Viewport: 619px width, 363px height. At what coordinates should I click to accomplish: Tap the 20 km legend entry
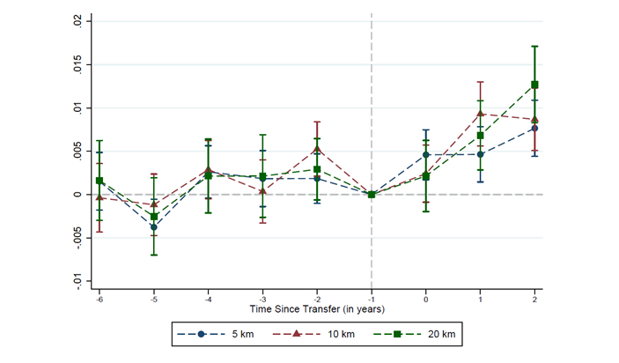click(x=410, y=334)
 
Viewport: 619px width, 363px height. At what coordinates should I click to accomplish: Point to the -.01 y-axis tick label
click(x=78, y=280)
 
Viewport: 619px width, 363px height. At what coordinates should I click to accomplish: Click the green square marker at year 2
click(x=534, y=85)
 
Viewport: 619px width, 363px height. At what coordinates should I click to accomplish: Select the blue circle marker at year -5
click(x=153, y=227)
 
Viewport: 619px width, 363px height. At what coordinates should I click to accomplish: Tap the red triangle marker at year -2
click(x=317, y=149)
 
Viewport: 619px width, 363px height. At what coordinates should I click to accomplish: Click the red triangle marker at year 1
click(x=480, y=114)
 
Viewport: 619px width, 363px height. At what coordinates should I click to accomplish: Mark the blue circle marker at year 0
click(x=426, y=155)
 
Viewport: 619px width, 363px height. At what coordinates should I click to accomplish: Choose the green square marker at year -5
click(x=153, y=216)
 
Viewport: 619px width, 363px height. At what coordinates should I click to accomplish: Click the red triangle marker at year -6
click(x=99, y=197)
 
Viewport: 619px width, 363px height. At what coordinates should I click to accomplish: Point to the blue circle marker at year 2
click(x=534, y=129)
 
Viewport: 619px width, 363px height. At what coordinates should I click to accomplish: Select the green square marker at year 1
click(x=480, y=136)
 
